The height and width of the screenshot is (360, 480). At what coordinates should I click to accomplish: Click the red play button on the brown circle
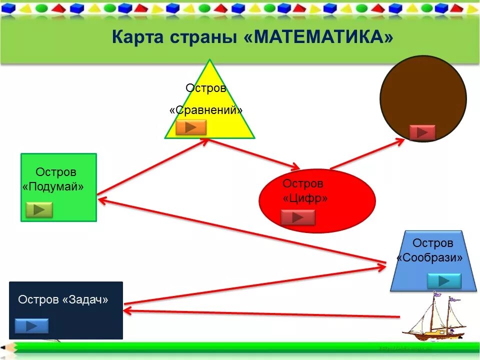(x=422, y=132)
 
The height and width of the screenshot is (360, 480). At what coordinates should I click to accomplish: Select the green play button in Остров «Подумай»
(x=39, y=209)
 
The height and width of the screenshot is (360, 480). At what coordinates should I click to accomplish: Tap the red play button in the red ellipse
(x=298, y=217)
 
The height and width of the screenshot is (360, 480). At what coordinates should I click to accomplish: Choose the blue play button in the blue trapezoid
(x=444, y=281)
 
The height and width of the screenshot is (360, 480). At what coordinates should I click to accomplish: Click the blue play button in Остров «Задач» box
(x=31, y=326)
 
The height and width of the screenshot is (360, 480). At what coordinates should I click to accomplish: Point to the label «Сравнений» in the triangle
(x=206, y=110)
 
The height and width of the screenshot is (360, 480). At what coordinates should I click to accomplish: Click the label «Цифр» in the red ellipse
(x=305, y=198)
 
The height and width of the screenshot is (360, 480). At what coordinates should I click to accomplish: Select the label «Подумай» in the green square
(x=53, y=186)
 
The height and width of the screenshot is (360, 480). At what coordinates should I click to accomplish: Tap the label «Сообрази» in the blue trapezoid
(x=430, y=257)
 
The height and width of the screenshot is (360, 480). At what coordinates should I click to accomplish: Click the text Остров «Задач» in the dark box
(x=63, y=299)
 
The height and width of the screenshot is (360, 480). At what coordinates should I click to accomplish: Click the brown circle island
(x=423, y=95)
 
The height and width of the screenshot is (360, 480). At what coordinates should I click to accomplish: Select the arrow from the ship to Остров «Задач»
(x=260, y=313)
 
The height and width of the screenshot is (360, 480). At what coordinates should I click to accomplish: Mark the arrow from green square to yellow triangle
(x=152, y=167)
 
